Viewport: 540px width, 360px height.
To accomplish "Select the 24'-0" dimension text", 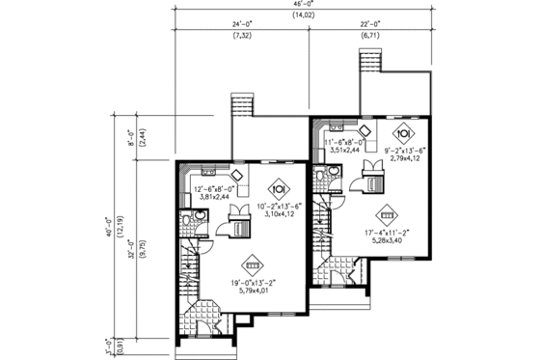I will pyautogui.click(x=241, y=23).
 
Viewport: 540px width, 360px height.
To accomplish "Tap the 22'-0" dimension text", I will pyautogui.click(x=369, y=23).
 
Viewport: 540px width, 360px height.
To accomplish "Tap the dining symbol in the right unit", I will pyautogui.click(x=405, y=133).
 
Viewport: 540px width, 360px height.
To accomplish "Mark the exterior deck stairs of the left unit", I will pyautogui.click(x=241, y=107).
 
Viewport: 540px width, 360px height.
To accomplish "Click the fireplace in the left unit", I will pyautogui.click(x=232, y=227).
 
